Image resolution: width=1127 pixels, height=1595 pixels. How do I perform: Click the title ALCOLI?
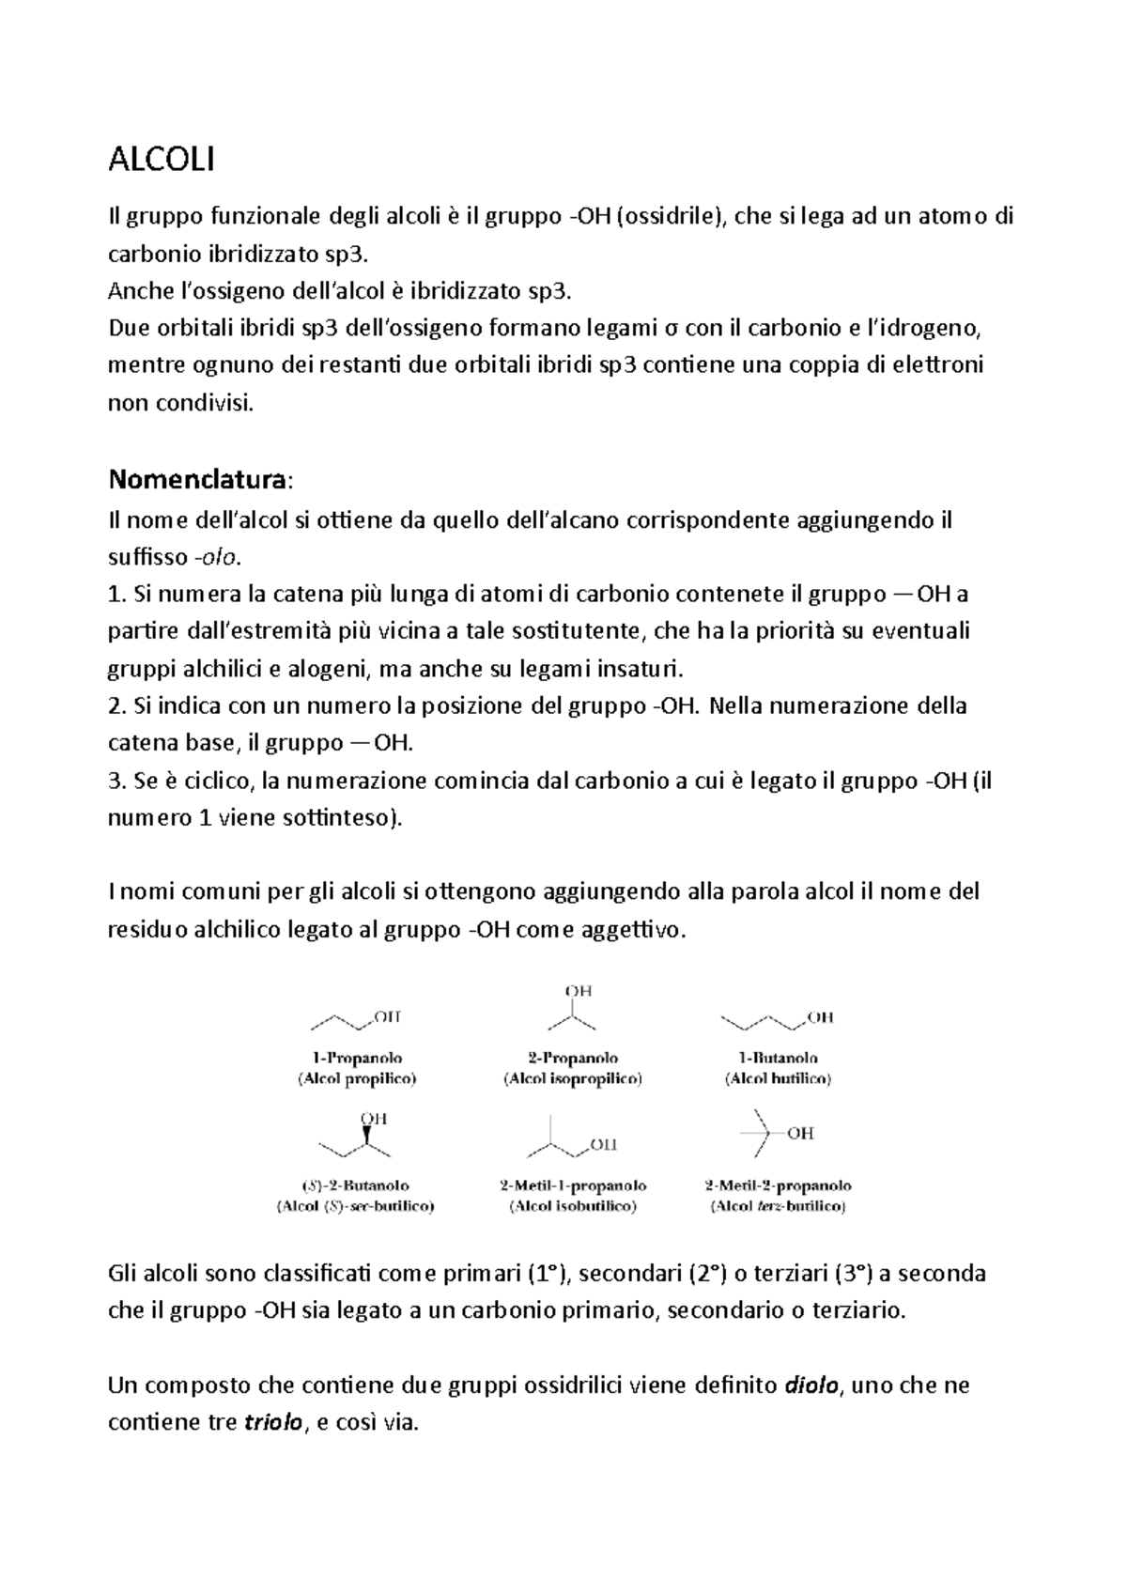(x=162, y=161)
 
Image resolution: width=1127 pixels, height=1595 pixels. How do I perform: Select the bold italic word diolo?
(x=810, y=1386)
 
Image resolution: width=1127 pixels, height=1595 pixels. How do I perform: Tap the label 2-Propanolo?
(x=573, y=1058)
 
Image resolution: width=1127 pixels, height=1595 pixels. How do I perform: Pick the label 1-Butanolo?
(x=777, y=1058)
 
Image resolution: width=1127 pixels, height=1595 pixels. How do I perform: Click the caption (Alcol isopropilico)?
(x=573, y=1079)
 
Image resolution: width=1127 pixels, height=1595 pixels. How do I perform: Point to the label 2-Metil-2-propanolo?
(x=779, y=1185)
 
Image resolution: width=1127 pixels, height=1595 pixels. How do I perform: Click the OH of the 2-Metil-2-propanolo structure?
(x=800, y=1134)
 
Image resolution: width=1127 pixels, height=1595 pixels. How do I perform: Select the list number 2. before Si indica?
(x=117, y=706)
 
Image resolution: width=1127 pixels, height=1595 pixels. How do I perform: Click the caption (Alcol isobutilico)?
(x=573, y=1206)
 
